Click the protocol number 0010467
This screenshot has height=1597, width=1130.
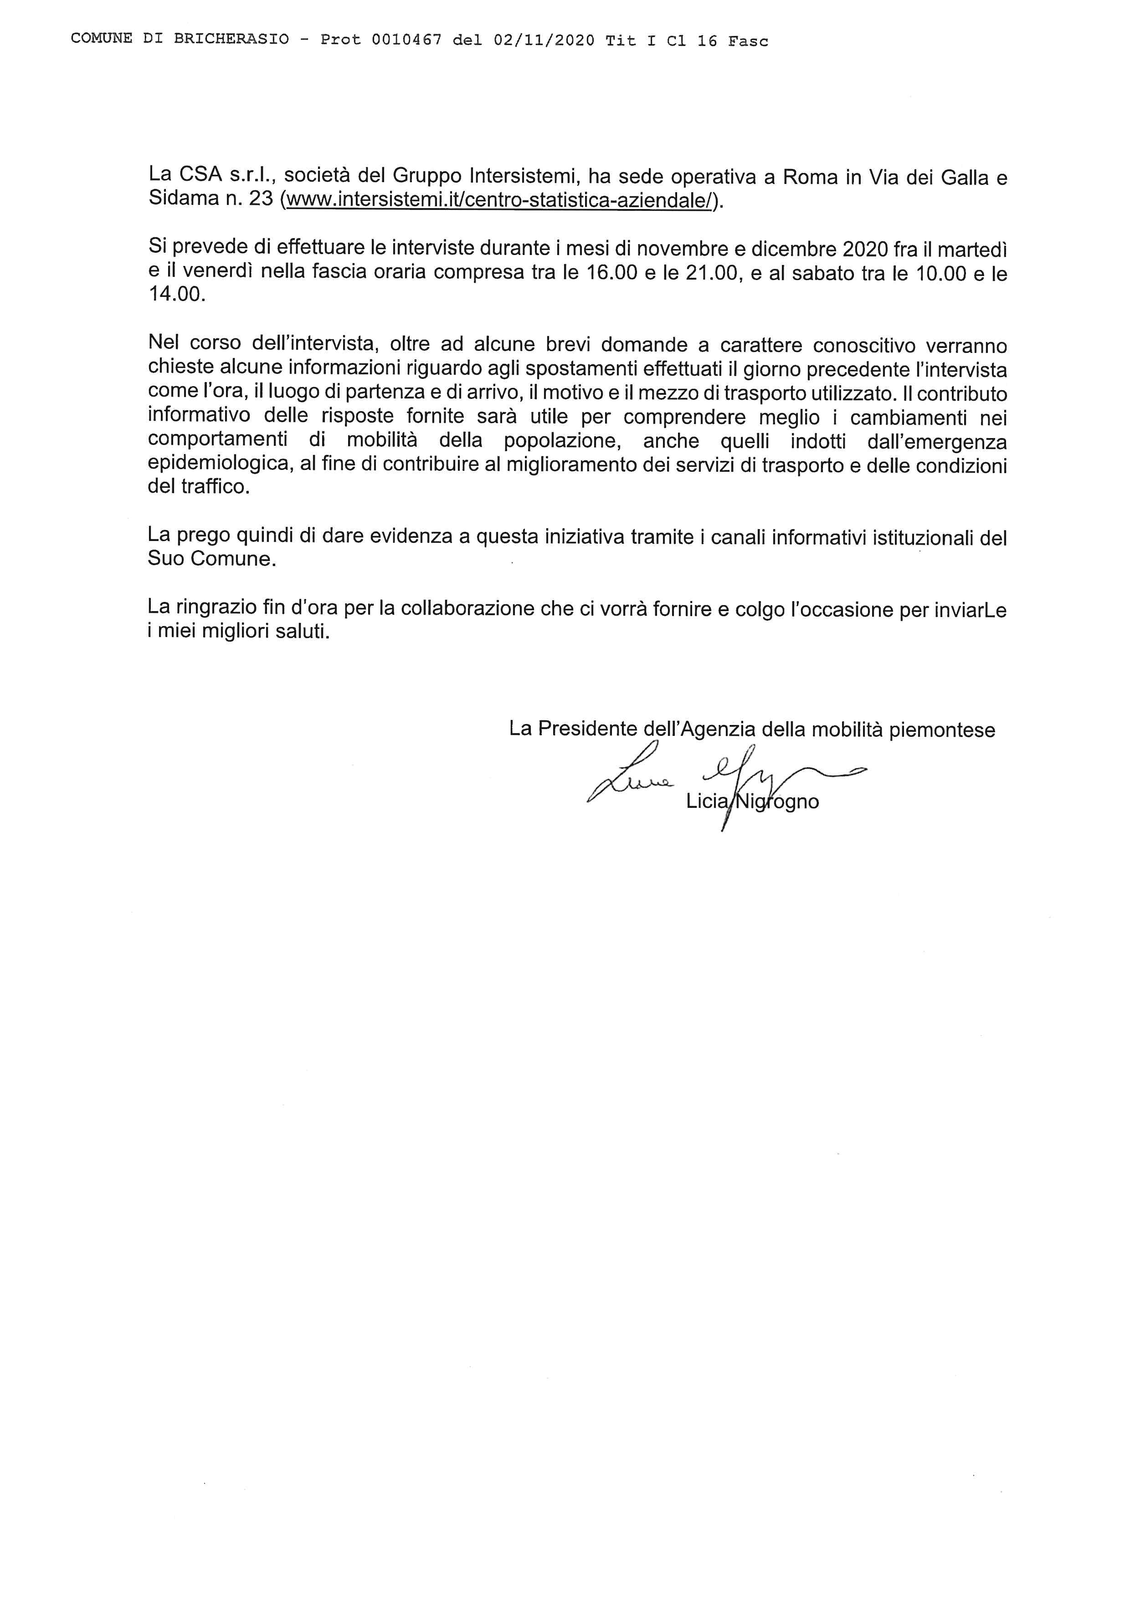coord(406,41)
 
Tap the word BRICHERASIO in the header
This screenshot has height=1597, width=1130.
coord(231,40)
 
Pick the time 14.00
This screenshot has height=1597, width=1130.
coord(177,295)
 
